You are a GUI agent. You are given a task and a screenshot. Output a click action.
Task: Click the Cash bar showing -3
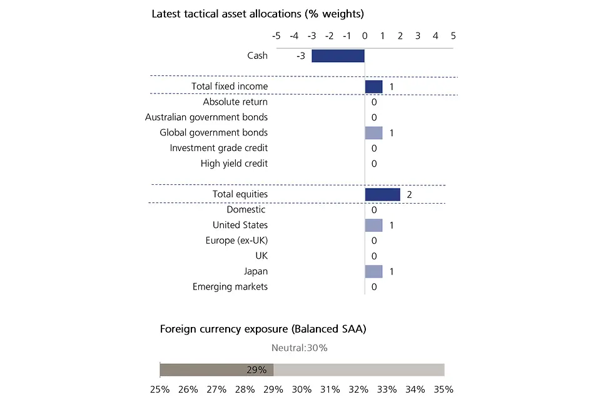(x=338, y=56)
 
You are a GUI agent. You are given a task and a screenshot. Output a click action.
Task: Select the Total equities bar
(x=382, y=194)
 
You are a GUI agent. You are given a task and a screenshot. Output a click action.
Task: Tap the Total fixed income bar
(x=373, y=86)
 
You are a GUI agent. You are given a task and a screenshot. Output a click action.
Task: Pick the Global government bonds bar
(x=373, y=133)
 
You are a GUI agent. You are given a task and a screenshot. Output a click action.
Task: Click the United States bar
(x=373, y=225)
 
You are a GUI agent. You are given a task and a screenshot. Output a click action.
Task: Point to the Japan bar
(x=373, y=271)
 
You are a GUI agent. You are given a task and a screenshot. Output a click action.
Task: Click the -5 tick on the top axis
(x=275, y=36)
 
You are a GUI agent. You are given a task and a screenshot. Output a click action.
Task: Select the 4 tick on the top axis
(x=435, y=36)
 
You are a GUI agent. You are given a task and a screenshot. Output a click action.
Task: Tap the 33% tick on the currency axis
(x=387, y=389)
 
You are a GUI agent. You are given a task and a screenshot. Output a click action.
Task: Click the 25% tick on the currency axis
(x=160, y=389)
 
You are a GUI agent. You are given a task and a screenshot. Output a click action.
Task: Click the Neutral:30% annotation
(x=300, y=348)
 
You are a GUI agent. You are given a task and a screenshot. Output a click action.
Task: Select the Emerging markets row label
(x=230, y=287)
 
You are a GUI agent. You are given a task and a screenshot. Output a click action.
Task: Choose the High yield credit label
(x=234, y=164)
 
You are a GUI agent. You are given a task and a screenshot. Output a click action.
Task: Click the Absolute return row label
(x=235, y=102)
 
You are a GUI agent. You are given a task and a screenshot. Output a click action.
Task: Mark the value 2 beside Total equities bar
(x=409, y=195)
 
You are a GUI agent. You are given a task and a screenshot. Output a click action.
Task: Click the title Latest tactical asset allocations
(x=258, y=13)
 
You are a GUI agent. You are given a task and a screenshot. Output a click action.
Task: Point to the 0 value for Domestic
(x=374, y=210)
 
